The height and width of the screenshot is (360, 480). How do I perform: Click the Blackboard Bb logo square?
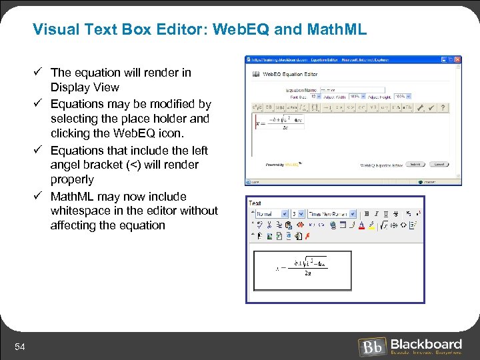point(371,347)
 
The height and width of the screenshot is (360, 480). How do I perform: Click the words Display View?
point(85,87)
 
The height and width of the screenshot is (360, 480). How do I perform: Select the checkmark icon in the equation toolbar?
point(431,107)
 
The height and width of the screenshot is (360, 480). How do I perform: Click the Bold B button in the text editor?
point(366,214)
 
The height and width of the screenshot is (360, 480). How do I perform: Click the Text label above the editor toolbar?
point(255,203)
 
